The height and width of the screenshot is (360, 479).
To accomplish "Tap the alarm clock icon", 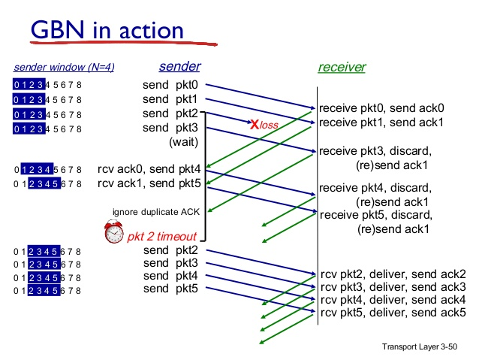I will [x=114, y=233].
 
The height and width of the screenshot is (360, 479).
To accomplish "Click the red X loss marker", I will [x=255, y=125].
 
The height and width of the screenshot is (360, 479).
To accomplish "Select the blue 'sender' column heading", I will [x=179, y=67].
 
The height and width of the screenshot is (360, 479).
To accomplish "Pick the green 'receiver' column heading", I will [x=342, y=68].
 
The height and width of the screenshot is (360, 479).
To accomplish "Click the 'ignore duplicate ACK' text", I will [x=155, y=211].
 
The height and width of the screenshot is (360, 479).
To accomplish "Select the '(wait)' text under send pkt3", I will [x=183, y=141].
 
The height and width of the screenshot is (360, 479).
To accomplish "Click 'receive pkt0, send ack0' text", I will [x=381, y=107].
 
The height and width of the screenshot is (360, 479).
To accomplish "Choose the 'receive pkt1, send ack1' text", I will [x=381, y=122].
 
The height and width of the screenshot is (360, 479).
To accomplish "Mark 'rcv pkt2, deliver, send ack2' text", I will [x=393, y=274].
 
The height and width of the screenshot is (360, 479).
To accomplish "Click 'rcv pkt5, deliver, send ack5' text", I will [x=393, y=313].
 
